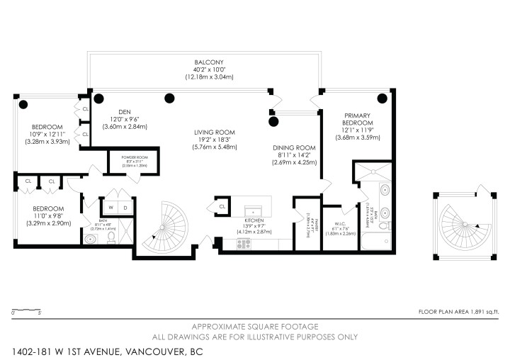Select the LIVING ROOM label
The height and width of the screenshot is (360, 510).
click(x=215, y=132)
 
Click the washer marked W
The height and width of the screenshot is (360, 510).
click(x=110, y=208)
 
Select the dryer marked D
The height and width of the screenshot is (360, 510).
click(x=125, y=208)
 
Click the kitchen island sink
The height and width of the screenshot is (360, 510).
click(x=251, y=211)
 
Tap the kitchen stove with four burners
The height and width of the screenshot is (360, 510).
click(x=244, y=243)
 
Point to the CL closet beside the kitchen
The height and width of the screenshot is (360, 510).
click(x=222, y=207)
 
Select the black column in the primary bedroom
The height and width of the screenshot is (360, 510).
click(x=382, y=99)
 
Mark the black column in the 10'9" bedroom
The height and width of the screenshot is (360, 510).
click(x=23, y=105)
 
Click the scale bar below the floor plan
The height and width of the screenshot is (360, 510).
click(x=25, y=310)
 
